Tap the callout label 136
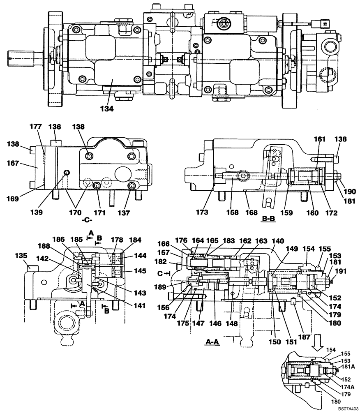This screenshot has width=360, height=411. tap(55, 127)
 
